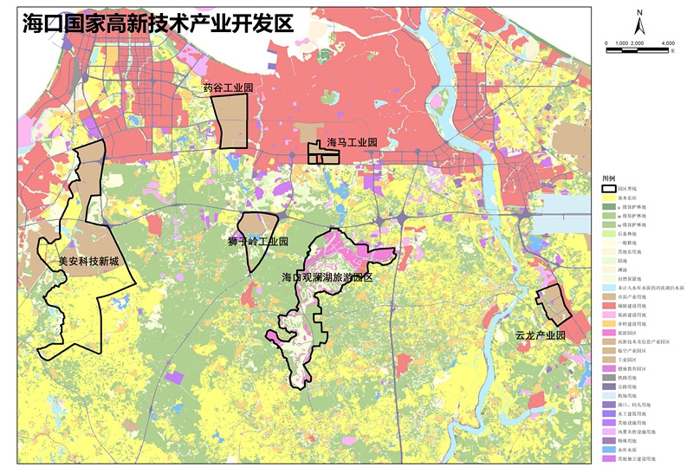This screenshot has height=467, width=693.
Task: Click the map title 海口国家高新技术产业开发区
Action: tap(159, 23)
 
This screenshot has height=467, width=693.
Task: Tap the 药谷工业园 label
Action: tap(227, 88)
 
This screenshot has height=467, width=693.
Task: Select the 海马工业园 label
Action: tap(352, 142)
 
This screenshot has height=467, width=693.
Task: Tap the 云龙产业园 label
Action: tap(540, 335)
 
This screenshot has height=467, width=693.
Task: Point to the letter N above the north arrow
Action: tap(638, 12)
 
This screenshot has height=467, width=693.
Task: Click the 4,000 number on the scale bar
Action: tap(667, 43)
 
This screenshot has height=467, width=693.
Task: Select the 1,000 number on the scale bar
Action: tap(621, 43)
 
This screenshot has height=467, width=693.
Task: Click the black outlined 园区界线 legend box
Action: tap(609, 187)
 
